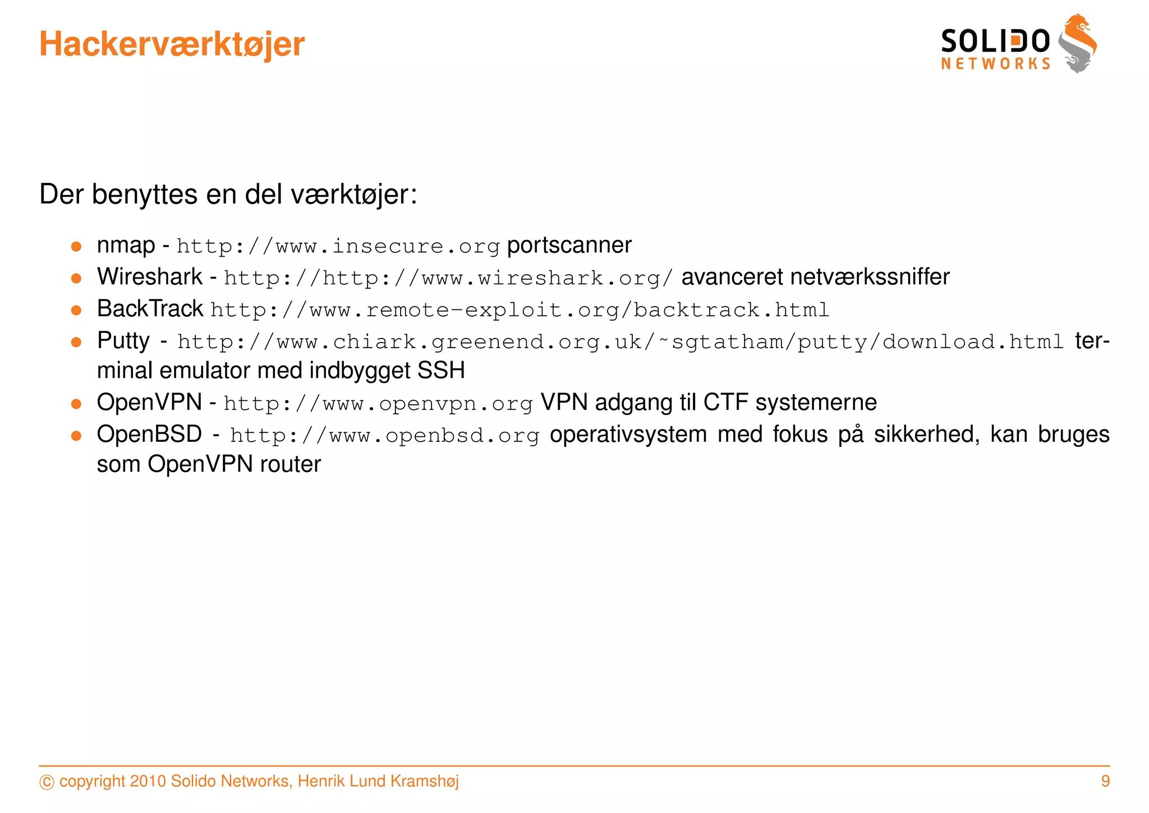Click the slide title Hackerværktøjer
(172, 44)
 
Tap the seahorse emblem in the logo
(1078, 44)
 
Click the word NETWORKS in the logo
(996, 64)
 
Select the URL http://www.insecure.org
(338, 246)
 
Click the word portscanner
(569, 245)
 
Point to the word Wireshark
(149, 277)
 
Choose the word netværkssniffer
(870, 277)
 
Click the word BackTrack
(150, 309)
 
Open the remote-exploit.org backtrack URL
(520, 310)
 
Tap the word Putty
(123, 341)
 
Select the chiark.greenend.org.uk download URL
(620, 342)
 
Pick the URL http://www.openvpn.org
(378, 404)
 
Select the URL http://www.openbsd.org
(384, 436)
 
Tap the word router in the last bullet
(290, 464)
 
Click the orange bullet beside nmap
(77, 246)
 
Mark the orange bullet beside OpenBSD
(77, 436)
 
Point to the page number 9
(1105, 781)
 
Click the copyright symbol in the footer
(47, 782)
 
